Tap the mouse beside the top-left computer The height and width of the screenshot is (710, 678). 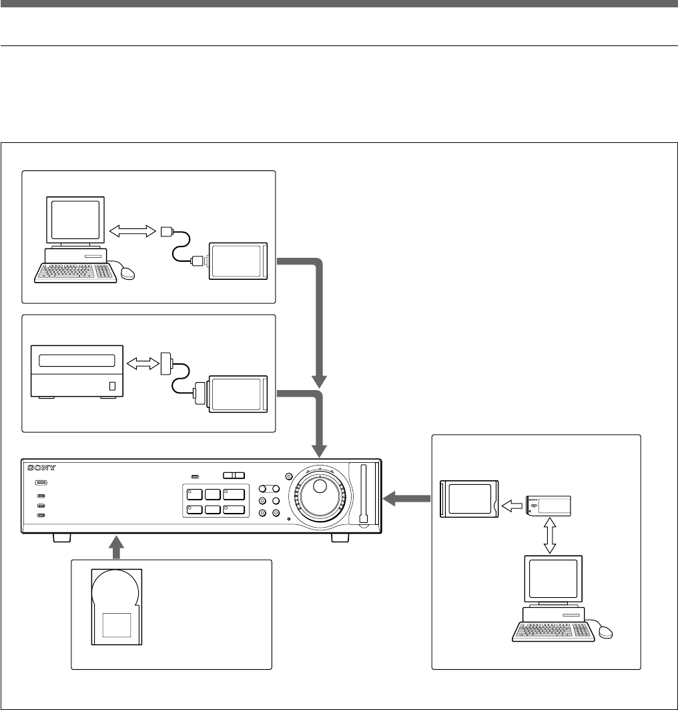(x=126, y=273)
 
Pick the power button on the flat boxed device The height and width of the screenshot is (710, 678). (x=112, y=386)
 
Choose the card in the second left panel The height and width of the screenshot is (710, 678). (x=239, y=395)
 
